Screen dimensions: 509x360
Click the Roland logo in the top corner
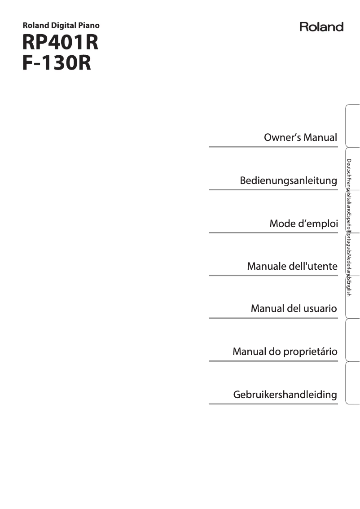point(321,27)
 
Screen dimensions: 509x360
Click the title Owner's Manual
point(300,137)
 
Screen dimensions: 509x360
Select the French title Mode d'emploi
point(303,224)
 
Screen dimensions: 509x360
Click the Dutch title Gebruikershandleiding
point(285,395)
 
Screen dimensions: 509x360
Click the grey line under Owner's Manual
point(273,146)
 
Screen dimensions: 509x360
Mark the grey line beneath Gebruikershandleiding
point(273,404)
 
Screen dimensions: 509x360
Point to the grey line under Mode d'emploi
point(273,233)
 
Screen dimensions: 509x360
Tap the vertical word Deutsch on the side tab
point(349,167)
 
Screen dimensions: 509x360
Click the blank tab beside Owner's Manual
point(353,127)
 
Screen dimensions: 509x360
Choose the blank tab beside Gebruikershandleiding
point(353,382)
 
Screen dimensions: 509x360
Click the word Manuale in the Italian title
point(266,267)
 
